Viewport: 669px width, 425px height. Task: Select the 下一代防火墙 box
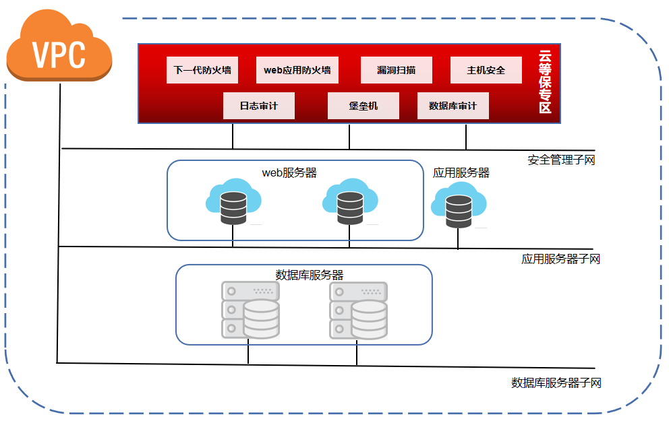pos(202,70)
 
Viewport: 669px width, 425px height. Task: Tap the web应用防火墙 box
pos(297,70)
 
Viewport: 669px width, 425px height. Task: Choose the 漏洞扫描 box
pos(396,70)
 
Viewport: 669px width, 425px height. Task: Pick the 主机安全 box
pos(486,70)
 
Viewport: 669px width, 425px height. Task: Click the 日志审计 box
pos(258,106)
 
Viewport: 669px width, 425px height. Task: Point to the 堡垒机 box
pos(363,106)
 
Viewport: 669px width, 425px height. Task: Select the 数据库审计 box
pos(453,106)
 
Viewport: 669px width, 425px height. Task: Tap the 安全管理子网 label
pos(561,160)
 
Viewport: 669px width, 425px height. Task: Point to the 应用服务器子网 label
pos(560,259)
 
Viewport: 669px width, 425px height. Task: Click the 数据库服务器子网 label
pos(556,383)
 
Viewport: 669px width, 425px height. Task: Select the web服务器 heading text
pos(289,173)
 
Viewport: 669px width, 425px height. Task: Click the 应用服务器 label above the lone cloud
pos(461,173)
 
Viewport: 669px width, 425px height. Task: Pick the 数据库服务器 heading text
pos(310,275)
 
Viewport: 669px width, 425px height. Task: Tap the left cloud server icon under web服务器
pos(233,202)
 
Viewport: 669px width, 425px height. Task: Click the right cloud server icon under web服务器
pos(349,202)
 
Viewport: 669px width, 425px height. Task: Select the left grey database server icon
pos(250,310)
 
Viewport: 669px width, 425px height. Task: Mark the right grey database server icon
pos(358,310)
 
